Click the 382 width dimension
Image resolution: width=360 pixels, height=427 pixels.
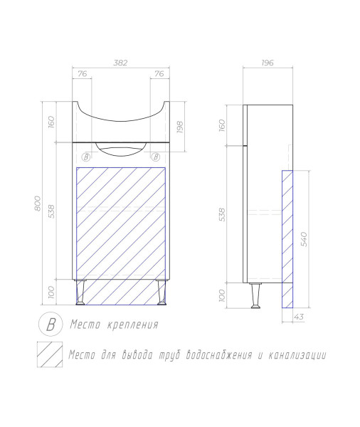[x=120, y=63]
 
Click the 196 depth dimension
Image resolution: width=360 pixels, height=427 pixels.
[x=267, y=63]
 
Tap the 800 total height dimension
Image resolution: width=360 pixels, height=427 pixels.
[x=38, y=203]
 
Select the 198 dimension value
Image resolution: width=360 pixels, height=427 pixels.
[x=180, y=127]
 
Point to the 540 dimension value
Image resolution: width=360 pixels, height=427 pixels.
[x=304, y=239]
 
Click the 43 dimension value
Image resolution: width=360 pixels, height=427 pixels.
[x=299, y=317]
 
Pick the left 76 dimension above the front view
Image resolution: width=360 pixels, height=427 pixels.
[x=83, y=74]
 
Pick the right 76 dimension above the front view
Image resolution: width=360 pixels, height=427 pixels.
[x=159, y=74]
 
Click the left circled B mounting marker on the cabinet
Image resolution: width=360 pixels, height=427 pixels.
[x=86, y=157]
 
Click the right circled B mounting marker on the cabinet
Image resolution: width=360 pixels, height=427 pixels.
[x=156, y=157]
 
